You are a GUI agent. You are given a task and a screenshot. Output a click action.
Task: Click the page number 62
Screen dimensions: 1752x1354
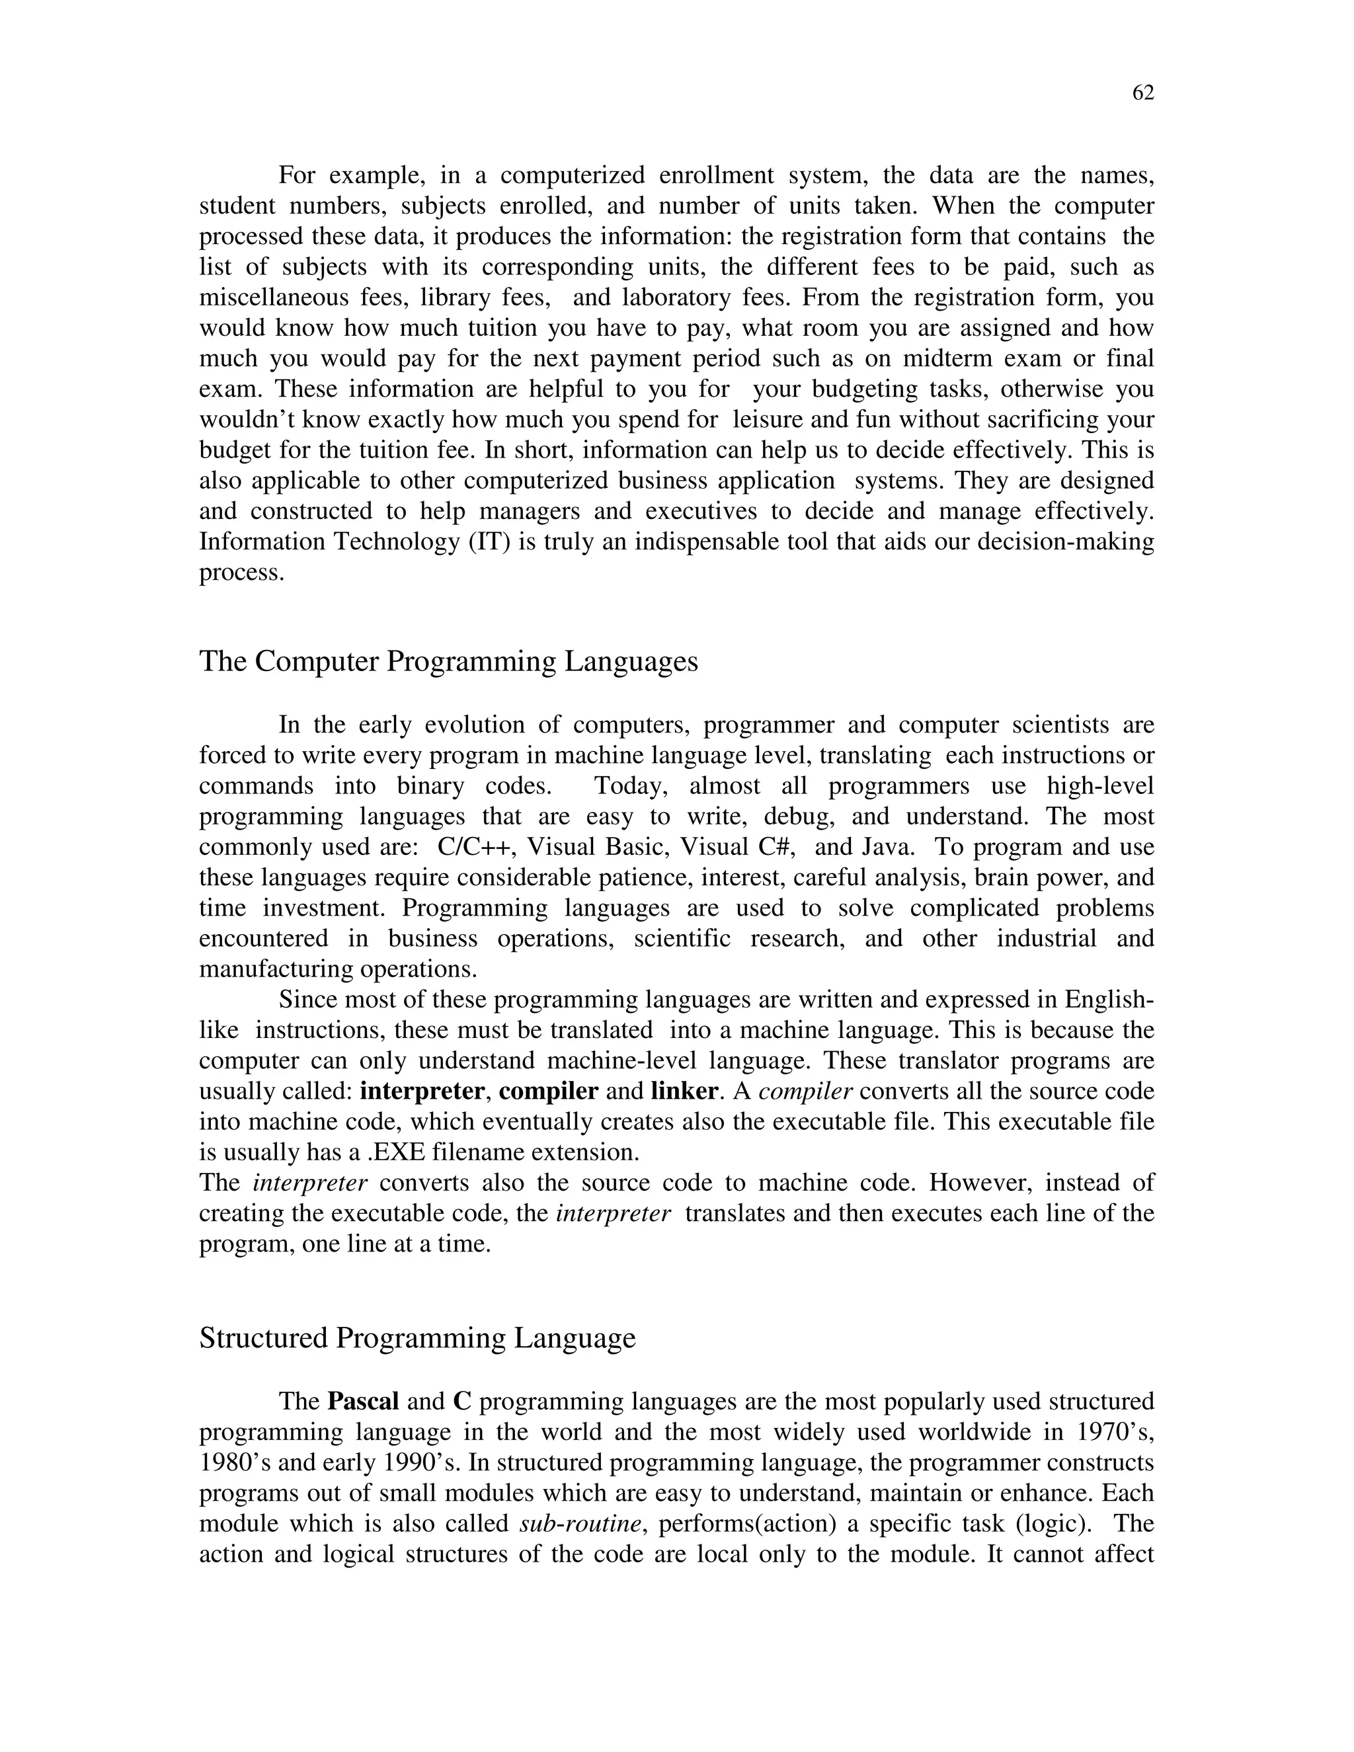tap(1142, 94)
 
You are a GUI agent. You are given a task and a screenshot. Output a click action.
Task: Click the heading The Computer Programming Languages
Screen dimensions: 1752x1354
tap(448, 662)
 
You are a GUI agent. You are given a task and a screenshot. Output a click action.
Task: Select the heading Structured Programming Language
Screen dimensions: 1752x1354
tap(417, 1338)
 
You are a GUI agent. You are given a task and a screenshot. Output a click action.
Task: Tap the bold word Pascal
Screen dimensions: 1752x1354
tap(362, 1402)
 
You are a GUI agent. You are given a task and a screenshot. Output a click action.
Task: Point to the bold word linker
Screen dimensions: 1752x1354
tap(684, 1091)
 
